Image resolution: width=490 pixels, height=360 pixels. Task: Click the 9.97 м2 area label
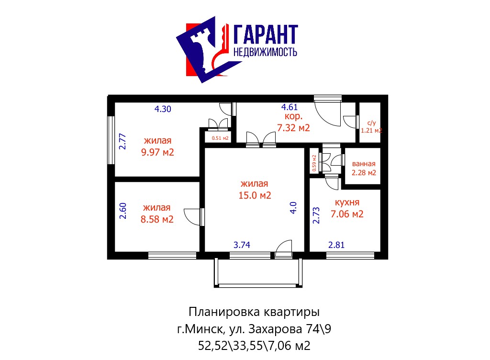click(157, 152)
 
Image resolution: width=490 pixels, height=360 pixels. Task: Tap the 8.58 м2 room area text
click(157, 219)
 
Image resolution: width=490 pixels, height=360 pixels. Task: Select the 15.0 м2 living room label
click(255, 195)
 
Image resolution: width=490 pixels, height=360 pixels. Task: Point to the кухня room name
click(347, 202)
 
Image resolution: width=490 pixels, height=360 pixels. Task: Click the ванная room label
click(364, 164)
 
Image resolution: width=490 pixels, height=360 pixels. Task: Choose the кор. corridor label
click(293, 116)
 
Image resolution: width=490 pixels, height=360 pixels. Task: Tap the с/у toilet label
click(371, 123)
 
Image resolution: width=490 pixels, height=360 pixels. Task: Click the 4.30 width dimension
click(163, 109)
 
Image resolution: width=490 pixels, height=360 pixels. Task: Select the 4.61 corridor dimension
click(290, 107)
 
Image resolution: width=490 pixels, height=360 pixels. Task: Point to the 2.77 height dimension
click(123, 142)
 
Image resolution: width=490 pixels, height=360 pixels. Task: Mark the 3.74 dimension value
click(242, 245)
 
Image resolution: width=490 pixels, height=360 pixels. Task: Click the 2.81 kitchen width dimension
click(336, 245)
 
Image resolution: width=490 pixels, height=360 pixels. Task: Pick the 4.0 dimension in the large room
click(293, 207)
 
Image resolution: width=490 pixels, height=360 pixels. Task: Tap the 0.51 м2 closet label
click(220, 138)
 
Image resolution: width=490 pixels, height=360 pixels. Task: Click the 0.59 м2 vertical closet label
click(314, 163)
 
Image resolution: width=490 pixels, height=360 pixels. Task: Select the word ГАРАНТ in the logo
click(266, 34)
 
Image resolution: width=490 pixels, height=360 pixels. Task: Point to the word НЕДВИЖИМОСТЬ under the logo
click(265, 52)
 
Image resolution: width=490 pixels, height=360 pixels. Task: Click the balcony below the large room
click(258, 272)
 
